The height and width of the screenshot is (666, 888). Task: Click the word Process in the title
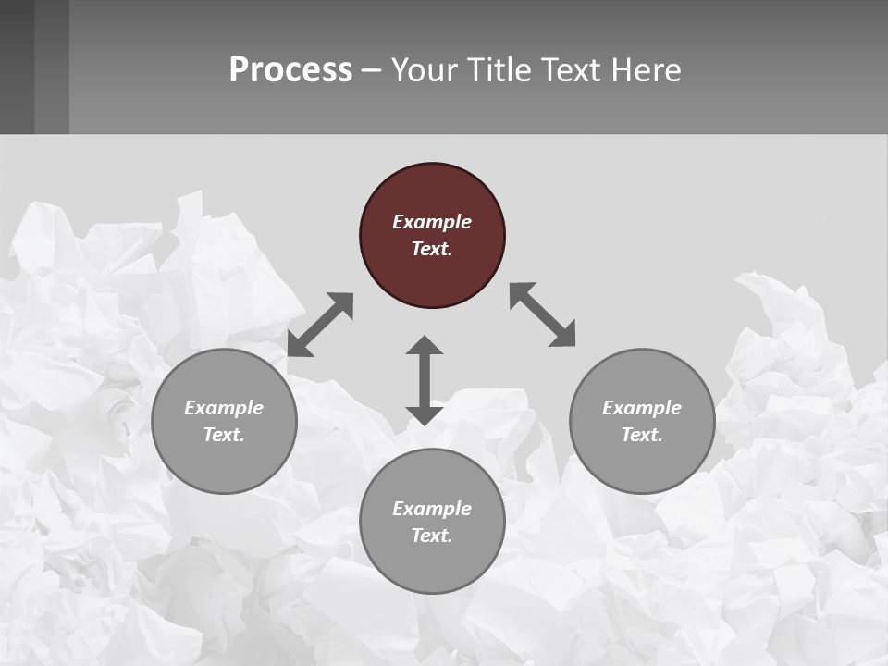tap(290, 70)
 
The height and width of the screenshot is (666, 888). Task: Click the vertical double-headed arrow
tap(425, 381)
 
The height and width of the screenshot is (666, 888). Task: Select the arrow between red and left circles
tap(320, 325)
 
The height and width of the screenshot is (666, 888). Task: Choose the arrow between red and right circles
tap(543, 314)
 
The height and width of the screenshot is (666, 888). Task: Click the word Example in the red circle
tap(432, 222)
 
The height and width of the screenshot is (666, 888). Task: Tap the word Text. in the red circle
tap(432, 249)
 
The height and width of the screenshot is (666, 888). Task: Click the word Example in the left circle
tap(224, 408)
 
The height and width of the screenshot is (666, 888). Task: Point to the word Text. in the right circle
tap(642, 435)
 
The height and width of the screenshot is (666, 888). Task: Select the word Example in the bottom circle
tap(432, 509)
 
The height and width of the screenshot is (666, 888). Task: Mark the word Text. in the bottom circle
tap(432, 536)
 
